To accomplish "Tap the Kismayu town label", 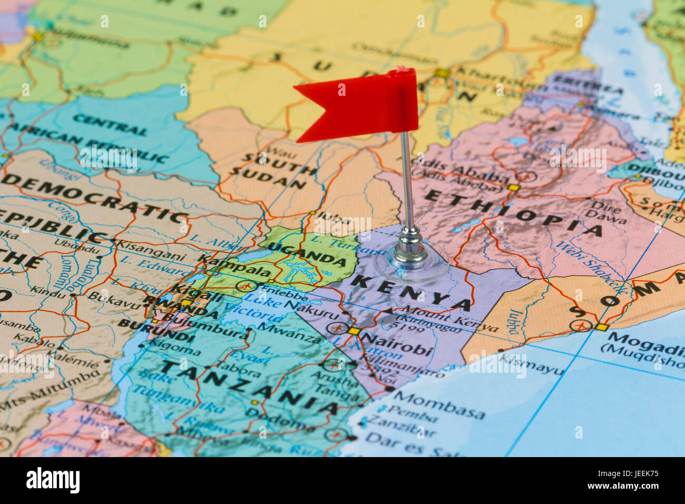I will point(531,364).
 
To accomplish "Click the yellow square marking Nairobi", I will point(355,331).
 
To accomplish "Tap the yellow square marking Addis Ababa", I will point(514,188).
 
